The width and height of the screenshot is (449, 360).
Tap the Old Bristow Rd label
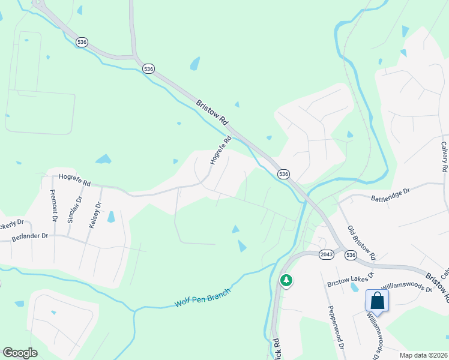click(361, 243)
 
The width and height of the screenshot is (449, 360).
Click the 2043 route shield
click(327, 254)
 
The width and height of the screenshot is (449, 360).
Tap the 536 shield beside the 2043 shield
click(351, 256)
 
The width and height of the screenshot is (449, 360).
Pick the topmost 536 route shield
click(82, 42)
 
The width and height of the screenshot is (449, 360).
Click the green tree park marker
click(286, 280)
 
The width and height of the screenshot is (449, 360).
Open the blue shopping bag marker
click(377, 301)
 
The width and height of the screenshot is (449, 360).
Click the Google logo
click(20, 353)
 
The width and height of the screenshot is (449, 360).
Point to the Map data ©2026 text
click(424, 355)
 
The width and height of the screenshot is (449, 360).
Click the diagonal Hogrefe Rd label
click(220, 151)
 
